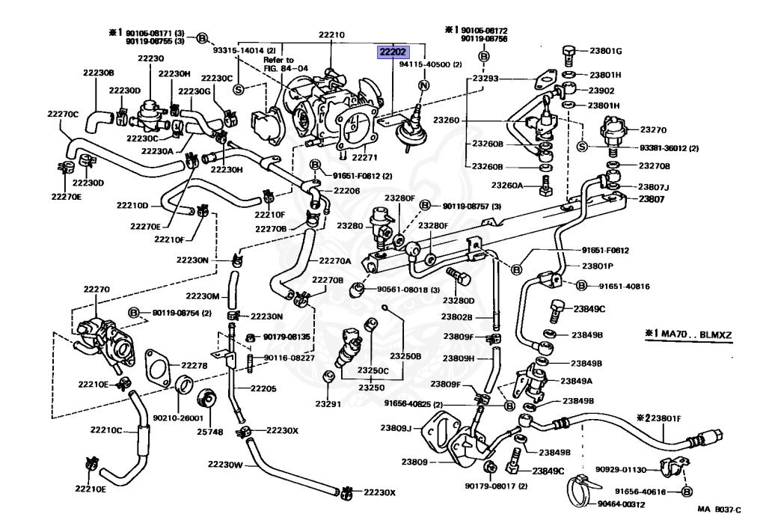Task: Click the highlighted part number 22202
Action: tap(393, 52)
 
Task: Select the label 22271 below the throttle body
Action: tap(364, 158)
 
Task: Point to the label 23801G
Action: tap(606, 51)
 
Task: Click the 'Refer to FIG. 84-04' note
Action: tap(286, 64)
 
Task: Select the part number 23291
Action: tap(328, 403)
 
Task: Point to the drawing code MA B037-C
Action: tap(719, 510)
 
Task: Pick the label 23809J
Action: tap(396, 428)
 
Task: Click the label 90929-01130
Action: tap(622, 470)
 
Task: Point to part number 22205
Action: tap(263, 388)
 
